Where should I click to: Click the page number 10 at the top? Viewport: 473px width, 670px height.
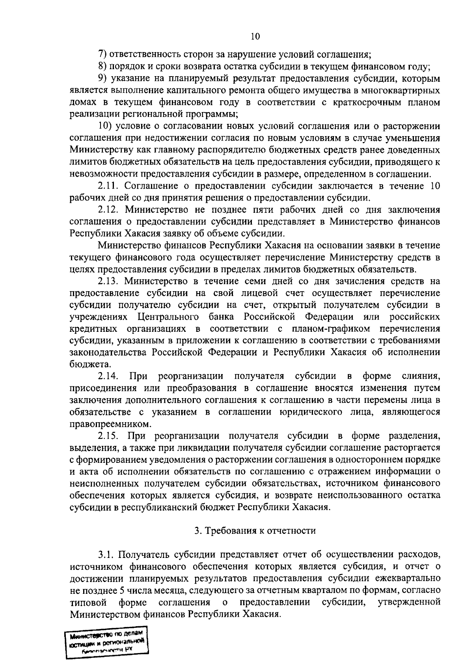coord(255,37)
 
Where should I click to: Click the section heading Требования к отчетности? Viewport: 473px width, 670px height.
coord(255,531)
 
